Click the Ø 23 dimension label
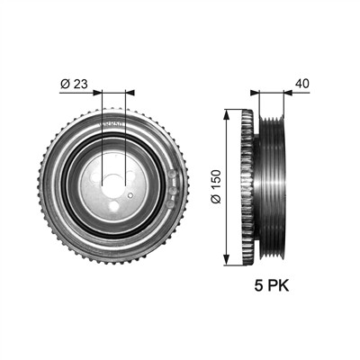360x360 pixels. pos(74,85)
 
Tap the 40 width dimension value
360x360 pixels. pos(301,84)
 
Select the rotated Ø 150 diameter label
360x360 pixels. pos(216,186)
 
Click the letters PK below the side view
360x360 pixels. pos(278,286)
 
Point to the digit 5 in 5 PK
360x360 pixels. pos(258,286)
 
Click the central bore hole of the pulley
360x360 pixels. pos(113,186)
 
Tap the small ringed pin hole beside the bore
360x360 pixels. pos(130,195)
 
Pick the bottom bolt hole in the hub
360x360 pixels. pos(113,206)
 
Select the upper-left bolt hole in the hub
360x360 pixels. pos(96,176)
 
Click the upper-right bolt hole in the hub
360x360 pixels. pos(130,175)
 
